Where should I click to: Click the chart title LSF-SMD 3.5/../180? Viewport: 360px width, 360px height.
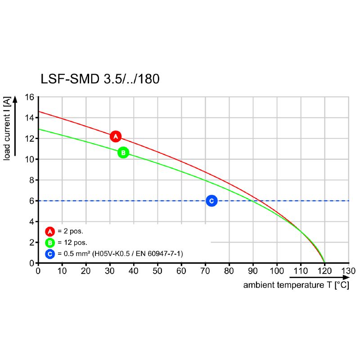pos(100,79)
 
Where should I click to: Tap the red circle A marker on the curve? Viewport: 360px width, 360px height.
pos(116,136)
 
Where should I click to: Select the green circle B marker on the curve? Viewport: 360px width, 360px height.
pos(123,153)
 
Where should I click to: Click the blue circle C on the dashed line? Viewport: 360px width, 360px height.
pos(211,201)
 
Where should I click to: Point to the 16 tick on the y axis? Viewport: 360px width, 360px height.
pos(30,97)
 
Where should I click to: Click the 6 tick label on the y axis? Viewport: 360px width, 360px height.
pos(31,201)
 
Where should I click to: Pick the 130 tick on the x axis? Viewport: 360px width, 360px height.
pos(348,271)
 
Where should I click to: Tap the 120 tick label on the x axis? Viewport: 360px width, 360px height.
pos(324,271)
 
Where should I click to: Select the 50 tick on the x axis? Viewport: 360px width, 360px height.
pos(157,271)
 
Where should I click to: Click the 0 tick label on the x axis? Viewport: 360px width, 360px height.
pos(38,271)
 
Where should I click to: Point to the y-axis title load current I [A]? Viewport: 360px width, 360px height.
pos(8,129)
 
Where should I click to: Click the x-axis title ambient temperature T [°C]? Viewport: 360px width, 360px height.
pos(296,285)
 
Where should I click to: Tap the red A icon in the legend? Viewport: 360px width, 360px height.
pos(50,232)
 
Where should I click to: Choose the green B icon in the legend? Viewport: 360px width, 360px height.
pos(50,243)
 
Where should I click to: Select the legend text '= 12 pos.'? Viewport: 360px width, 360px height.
pos(72,243)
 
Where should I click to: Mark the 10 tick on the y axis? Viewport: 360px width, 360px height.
pos(30,159)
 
